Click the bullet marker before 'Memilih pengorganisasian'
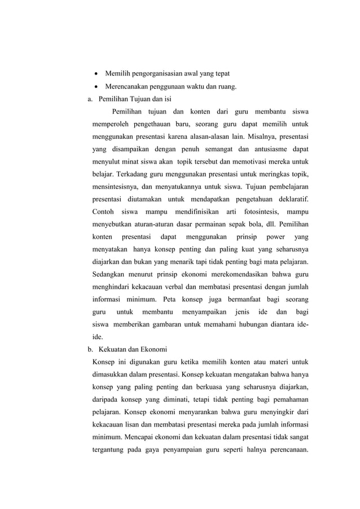pyautogui.click(x=96, y=74)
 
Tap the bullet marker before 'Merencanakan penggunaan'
pyautogui.click(x=96, y=87)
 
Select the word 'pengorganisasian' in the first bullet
pyautogui.click(x=163, y=74)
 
